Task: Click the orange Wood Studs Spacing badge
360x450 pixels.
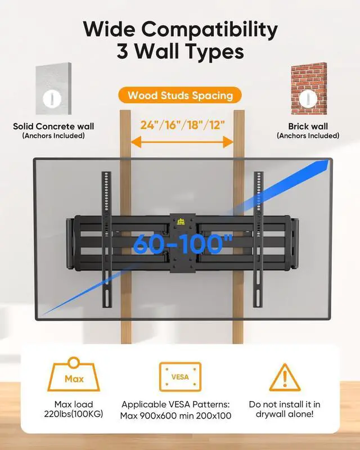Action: coord(180,95)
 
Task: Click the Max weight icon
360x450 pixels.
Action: coord(74,375)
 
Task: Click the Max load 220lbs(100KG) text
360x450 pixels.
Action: coord(74,410)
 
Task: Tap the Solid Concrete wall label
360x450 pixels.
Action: coord(53,126)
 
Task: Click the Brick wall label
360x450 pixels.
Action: coord(308,126)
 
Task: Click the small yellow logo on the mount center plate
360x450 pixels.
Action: coord(181,218)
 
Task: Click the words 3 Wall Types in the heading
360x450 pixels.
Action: coord(180,52)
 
